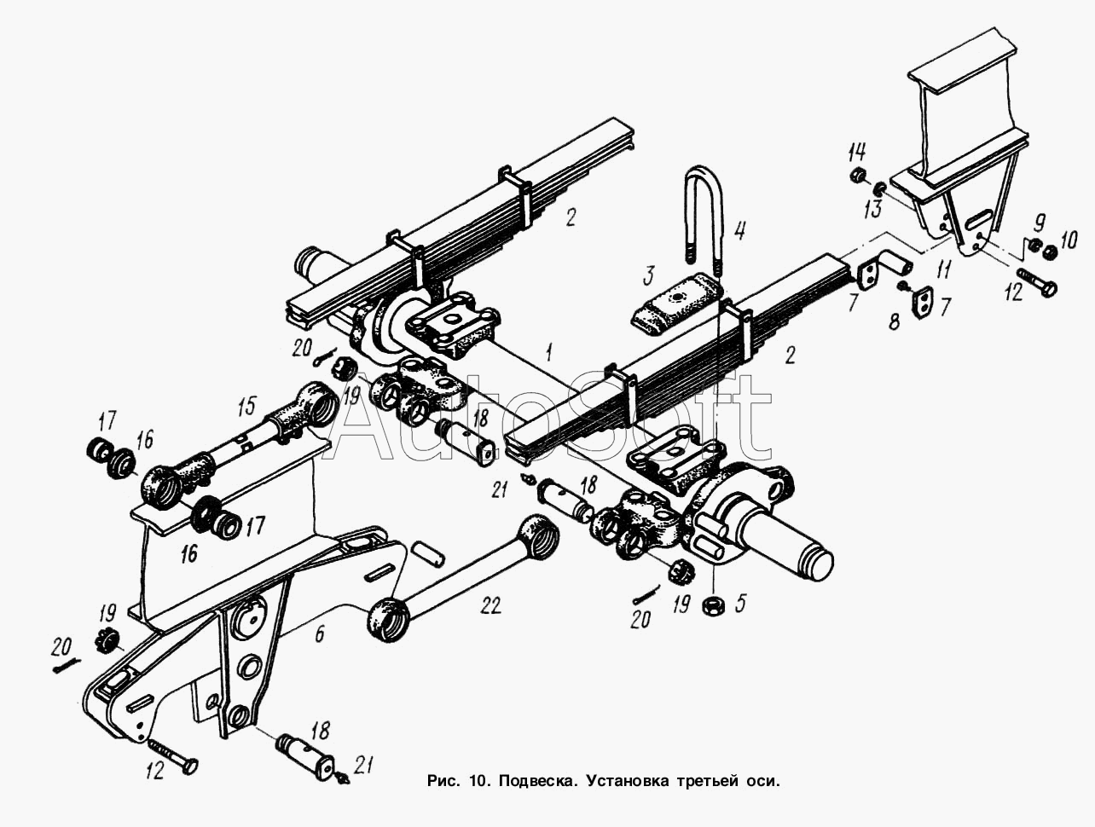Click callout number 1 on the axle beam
(x=549, y=352)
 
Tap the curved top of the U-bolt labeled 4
(x=704, y=175)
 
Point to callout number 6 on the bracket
(x=319, y=633)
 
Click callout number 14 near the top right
(x=858, y=152)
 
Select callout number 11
(x=943, y=269)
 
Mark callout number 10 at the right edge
(x=1065, y=240)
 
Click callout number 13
(x=873, y=209)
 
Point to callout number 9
(x=1039, y=223)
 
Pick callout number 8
(x=894, y=321)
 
